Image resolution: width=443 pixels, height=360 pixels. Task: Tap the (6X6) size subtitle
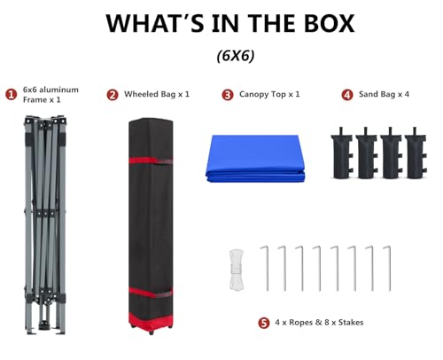(236, 56)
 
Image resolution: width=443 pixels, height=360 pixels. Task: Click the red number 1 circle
(12, 95)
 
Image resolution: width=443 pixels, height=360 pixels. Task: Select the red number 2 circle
(113, 95)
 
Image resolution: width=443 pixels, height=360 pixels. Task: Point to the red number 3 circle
(228, 95)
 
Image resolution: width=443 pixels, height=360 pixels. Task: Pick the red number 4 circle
(347, 95)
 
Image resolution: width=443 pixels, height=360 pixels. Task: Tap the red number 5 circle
(264, 323)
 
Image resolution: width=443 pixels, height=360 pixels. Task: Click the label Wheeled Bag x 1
(157, 94)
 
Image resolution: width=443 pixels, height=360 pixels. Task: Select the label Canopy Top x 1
(269, 94)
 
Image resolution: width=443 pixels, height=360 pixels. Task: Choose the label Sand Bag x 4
(384, 94)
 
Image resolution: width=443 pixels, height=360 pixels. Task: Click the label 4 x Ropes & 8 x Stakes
(319, 322)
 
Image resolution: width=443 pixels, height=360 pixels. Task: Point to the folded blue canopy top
(255, 159)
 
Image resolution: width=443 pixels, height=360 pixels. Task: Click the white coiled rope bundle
(237, 270)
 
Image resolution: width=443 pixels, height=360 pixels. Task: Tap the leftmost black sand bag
(342, 153)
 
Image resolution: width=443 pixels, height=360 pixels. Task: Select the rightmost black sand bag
(416, 153)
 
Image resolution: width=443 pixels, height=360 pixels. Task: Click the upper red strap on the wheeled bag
(151, 160)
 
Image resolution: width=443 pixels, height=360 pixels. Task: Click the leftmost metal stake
(266, 269)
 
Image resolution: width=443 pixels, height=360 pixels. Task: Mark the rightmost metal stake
(388, 269)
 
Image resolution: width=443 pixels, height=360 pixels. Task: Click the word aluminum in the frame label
(58, 90)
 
